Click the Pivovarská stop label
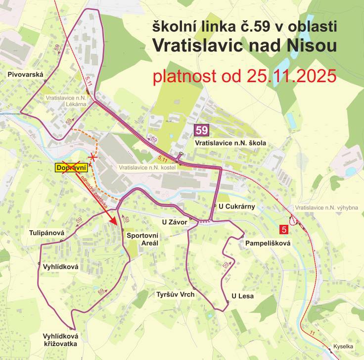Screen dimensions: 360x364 (26, 75)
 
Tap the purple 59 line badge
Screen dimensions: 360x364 (202, 130)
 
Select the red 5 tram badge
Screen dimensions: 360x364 (284, 229)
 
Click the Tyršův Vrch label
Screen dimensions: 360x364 (175, 294)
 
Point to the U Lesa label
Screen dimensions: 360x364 (243, 296)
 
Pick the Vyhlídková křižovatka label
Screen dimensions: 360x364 (60, 340)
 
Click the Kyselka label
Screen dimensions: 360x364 (343, 347)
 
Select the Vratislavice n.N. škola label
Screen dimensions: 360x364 (230, 143)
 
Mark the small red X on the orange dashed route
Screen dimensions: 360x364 (93, 157)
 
